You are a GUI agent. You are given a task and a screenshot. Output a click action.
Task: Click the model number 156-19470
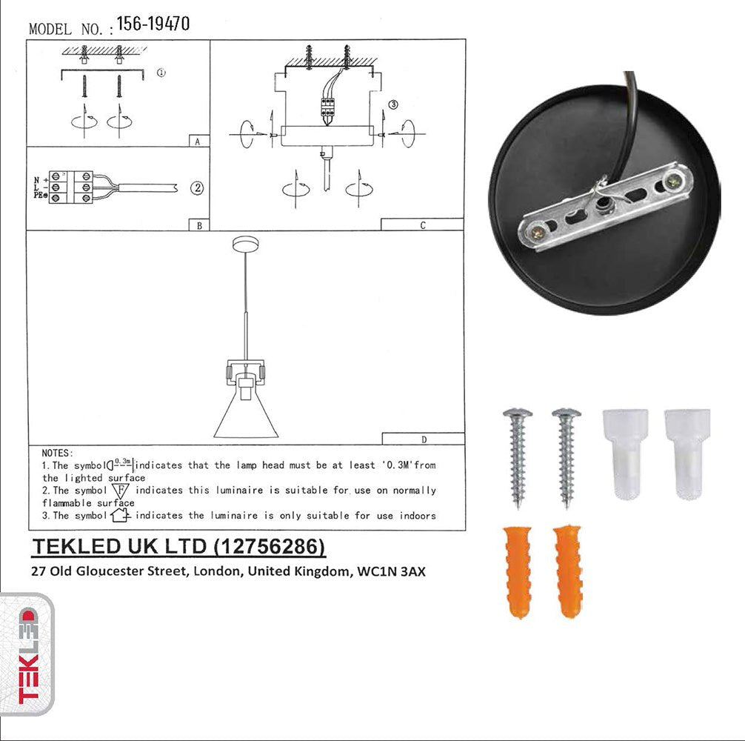[153, 24]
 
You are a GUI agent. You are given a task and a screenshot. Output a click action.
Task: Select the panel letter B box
[199, 225]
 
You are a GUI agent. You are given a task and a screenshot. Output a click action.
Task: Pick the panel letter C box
[422, 225]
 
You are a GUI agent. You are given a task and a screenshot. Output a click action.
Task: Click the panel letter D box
[423, 439]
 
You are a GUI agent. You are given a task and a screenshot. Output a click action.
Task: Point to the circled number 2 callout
[197, 188]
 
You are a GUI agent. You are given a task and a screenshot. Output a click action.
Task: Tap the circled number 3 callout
[393, 105]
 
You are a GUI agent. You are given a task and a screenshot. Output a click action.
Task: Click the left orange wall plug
[518, 571]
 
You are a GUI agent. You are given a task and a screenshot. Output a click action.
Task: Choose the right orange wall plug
[569, 571]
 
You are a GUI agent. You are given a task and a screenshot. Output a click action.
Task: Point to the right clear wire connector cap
[686, 451]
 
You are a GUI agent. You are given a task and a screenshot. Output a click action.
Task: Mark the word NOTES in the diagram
[57, 452]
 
